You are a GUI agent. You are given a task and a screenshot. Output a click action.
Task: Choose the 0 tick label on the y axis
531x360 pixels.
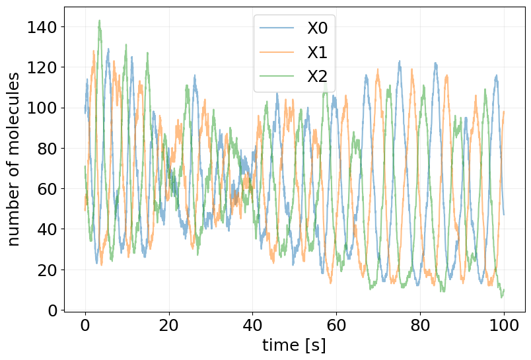tap(53, 310)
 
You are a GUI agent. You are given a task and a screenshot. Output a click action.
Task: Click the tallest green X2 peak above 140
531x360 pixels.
tap(99, 20)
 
